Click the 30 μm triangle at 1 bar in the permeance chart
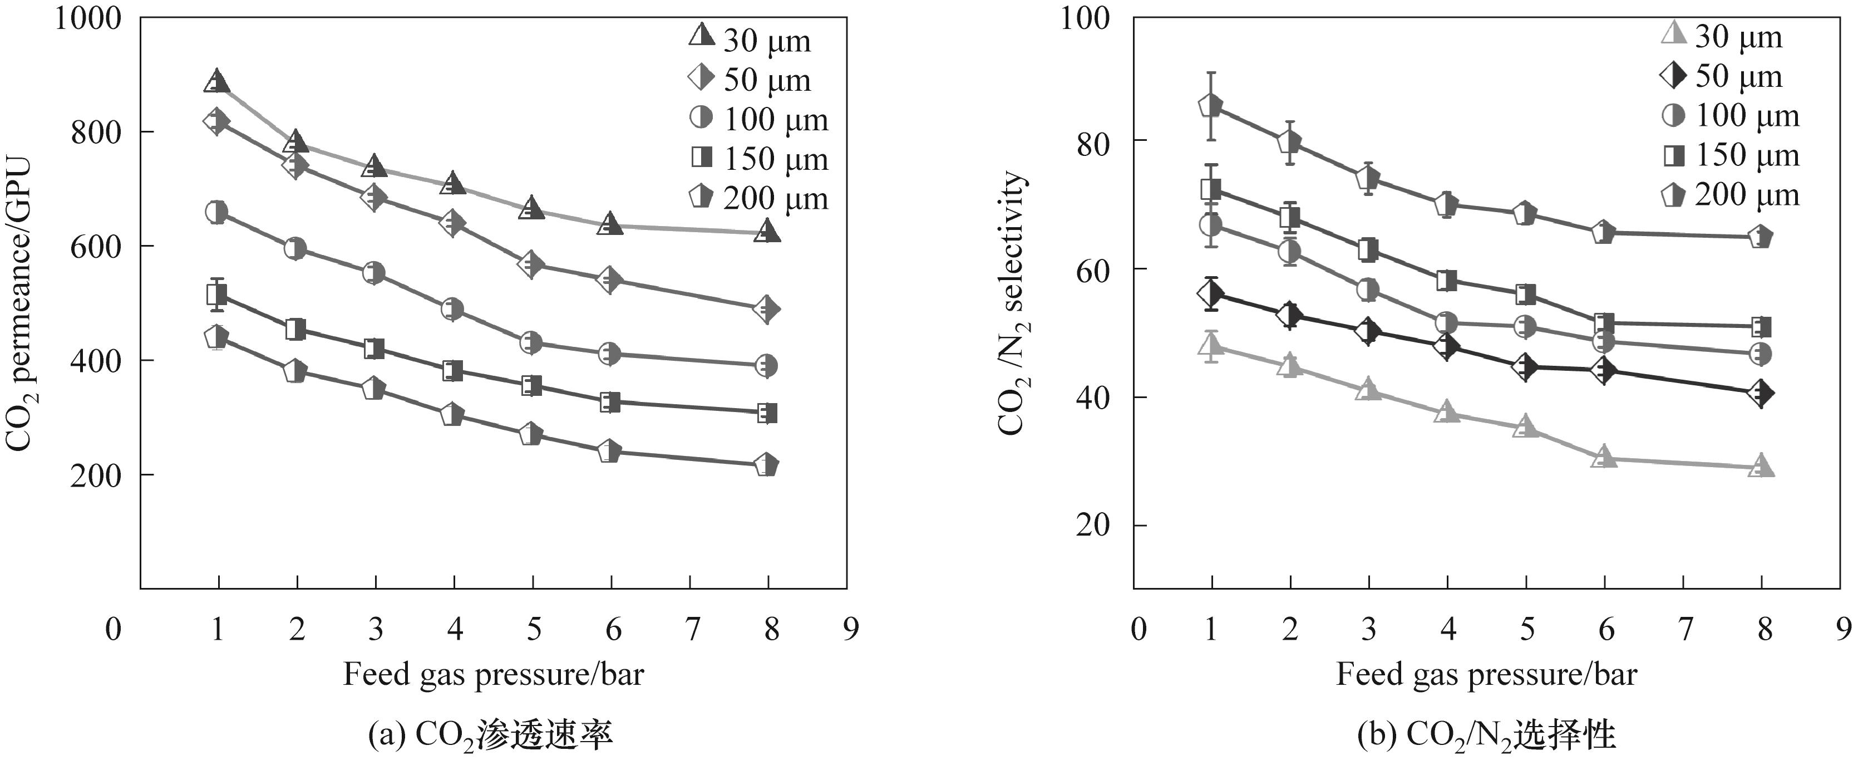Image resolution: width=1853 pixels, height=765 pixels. (217, 81)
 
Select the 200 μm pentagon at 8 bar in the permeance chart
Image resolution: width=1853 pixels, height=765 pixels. (767, 465)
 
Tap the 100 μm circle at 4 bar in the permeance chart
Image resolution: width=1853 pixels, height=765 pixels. (452, 309)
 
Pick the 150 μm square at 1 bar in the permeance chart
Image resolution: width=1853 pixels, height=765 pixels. (217, 295)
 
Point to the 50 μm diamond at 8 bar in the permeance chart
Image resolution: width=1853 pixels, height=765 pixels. (767, 309)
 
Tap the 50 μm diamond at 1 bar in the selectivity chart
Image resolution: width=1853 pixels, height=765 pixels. (1211, 293)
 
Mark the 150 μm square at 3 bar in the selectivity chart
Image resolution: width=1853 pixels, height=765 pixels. (1368, 250)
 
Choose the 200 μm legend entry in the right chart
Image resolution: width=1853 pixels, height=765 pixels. (1730, 195)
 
